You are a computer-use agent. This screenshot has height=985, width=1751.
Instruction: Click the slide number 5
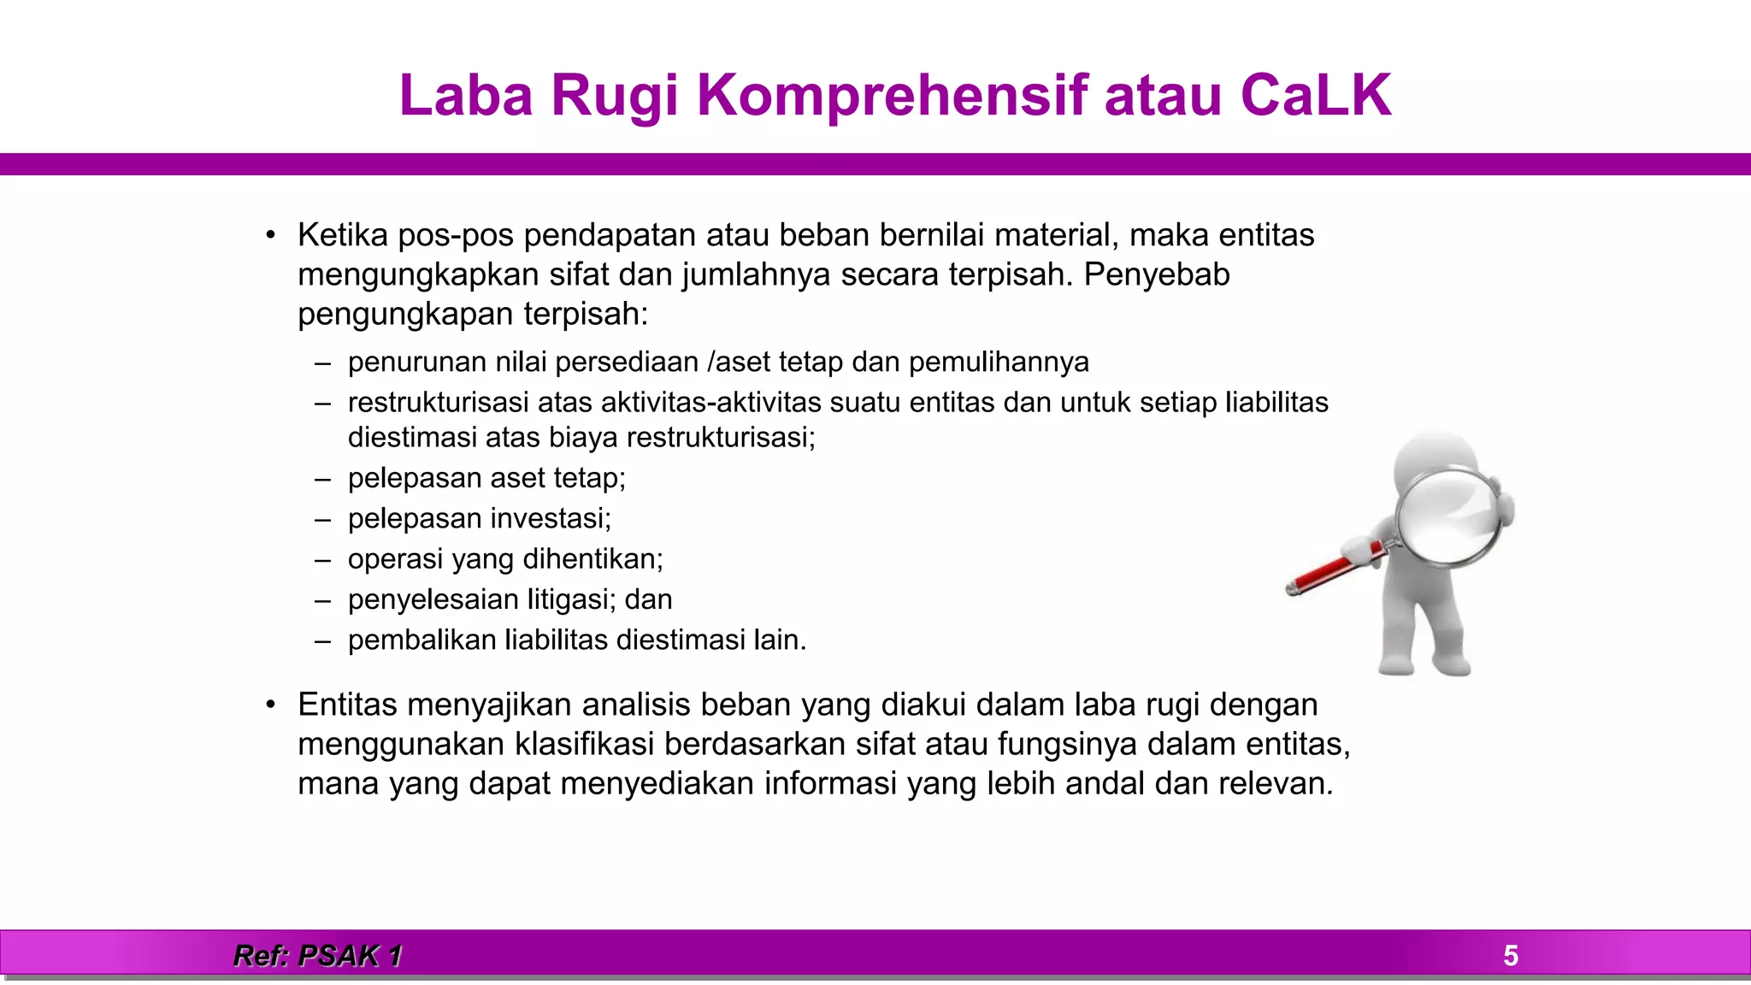pos(1510,955)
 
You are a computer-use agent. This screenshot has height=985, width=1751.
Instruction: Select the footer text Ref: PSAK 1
pos(317,955)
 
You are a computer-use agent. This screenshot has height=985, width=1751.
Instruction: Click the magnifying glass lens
pos(1448,516)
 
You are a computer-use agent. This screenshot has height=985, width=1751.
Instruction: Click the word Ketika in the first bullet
pos(342,235)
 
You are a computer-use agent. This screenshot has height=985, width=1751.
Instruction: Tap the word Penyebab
pos(1157,274)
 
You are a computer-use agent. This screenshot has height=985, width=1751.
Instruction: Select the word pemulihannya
pos(999,363)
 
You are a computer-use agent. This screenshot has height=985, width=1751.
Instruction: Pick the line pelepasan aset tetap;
pos(486,478)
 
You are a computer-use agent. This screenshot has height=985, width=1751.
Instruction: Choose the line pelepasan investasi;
pos(479,519)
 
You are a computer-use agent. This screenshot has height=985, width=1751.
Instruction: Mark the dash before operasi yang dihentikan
pos(322,560)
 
